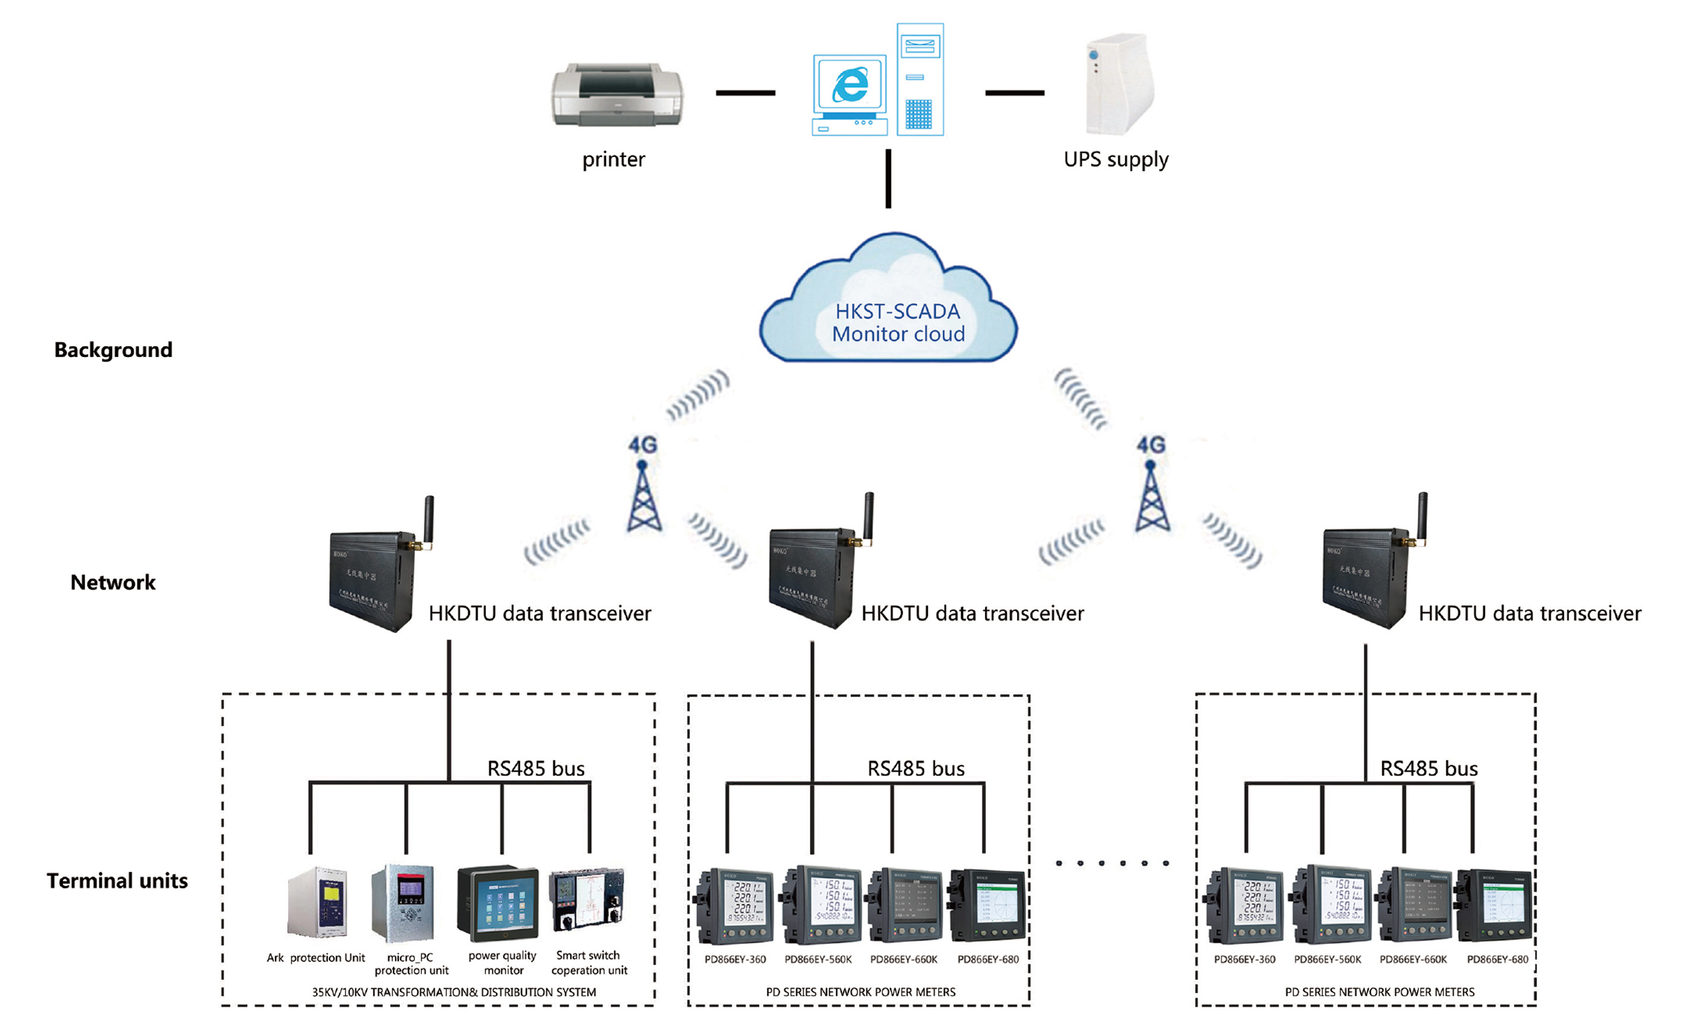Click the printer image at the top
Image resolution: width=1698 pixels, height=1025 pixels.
pyautogui.click(x=617, y=94)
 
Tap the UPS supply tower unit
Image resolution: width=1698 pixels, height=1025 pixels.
pyautogui.click(x=1119, y=84)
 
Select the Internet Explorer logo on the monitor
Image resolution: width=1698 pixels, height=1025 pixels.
pyautogui.click(x=850, y=85)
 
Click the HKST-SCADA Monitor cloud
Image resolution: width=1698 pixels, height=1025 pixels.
pyautogui.click(x=889, y=303)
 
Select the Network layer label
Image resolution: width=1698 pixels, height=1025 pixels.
pyautogui.click(x=113, y=583)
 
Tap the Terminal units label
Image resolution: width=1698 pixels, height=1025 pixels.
pyautogui.click(x=117, y=881)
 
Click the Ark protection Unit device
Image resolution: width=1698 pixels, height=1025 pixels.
pyautogui.click(x=318, y=902)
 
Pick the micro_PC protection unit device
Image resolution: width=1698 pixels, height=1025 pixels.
pyautogui.click(x=404, y=902)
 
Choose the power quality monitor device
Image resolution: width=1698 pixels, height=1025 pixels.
pyautogui.click(x=498, y=902)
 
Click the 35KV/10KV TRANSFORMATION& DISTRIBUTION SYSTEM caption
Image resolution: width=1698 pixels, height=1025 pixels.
pyautogui.click(x=454, y=992)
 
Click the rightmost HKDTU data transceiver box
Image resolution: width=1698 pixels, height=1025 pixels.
pyautogui.click(x=1367, y=576)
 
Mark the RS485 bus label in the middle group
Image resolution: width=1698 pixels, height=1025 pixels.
pyautogui.click(x=916, y=768)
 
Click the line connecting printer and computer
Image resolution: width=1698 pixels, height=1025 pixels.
pyautogui.click(x=745, y=93)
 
